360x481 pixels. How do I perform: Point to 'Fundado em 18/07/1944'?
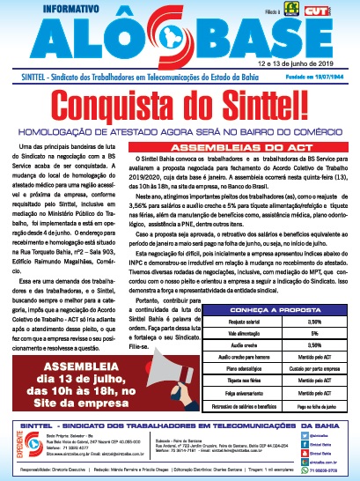tap(320, 77)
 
